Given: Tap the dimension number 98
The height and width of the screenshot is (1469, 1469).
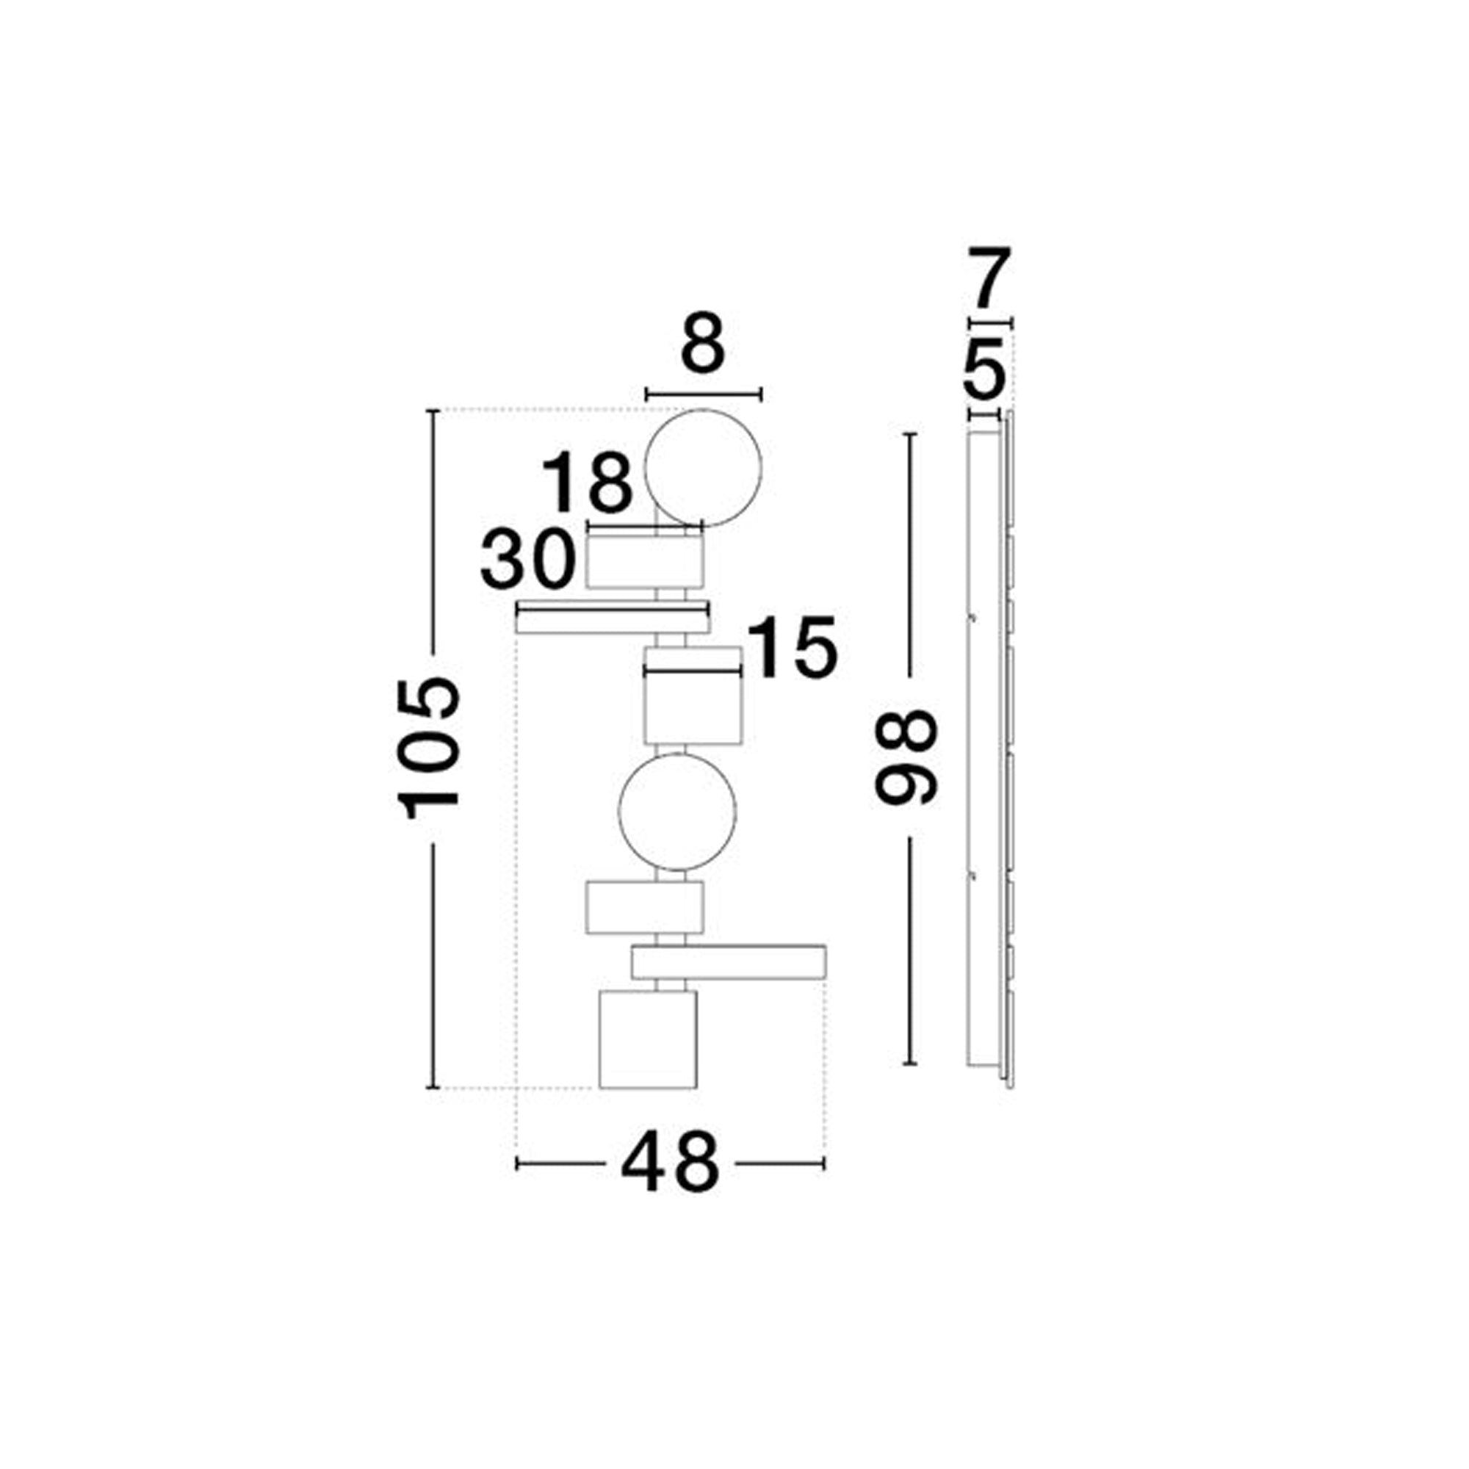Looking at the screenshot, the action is click(906, 757).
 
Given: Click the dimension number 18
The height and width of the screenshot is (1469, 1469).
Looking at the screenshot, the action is click(586, 483).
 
